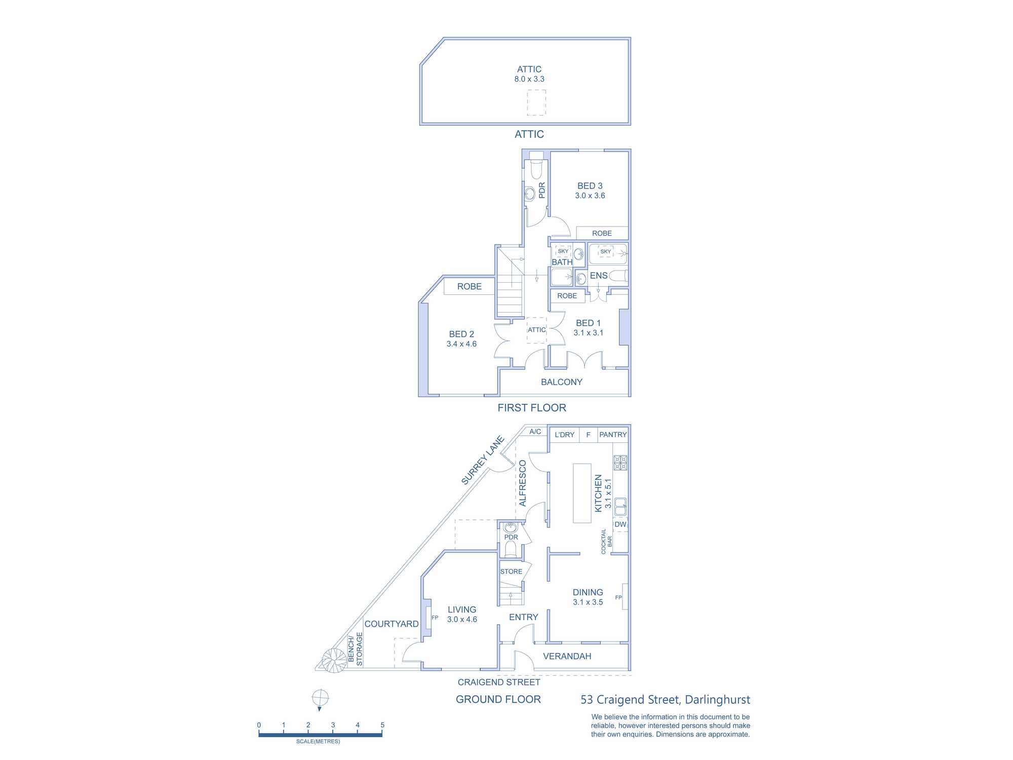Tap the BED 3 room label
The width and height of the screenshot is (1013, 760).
590,186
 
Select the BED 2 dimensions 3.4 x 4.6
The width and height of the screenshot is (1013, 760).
461,344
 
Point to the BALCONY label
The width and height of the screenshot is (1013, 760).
562,382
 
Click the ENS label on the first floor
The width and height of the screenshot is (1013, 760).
599,276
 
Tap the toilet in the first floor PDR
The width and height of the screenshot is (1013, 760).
536,167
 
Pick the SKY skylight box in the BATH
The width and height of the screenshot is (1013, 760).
563,251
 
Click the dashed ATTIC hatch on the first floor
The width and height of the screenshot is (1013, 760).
537,330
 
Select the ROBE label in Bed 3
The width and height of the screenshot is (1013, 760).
602,234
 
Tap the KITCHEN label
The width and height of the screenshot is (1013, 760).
598,493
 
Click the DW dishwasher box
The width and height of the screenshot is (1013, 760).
620,524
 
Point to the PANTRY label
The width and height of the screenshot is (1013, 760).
613,435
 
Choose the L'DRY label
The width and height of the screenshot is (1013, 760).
564,435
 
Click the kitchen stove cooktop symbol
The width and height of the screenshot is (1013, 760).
620,463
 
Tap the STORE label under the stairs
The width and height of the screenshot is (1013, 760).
511,572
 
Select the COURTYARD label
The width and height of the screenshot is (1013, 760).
392,624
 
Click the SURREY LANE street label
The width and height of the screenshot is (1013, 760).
483,460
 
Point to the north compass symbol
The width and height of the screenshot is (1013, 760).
320,700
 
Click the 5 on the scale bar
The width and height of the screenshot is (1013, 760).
382,725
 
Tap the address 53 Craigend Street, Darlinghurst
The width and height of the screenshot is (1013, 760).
665,700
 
